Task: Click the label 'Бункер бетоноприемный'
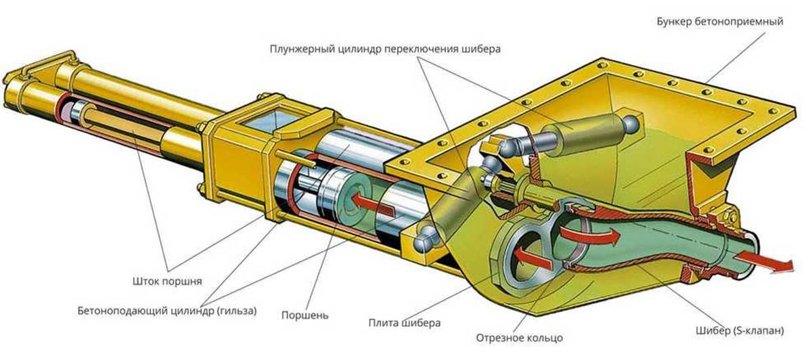coord(719,22)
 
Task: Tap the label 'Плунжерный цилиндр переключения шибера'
coord(385,49)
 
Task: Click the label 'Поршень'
coord(305,315)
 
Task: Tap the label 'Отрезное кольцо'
coord(519,337)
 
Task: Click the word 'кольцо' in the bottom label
coord(546,337)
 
